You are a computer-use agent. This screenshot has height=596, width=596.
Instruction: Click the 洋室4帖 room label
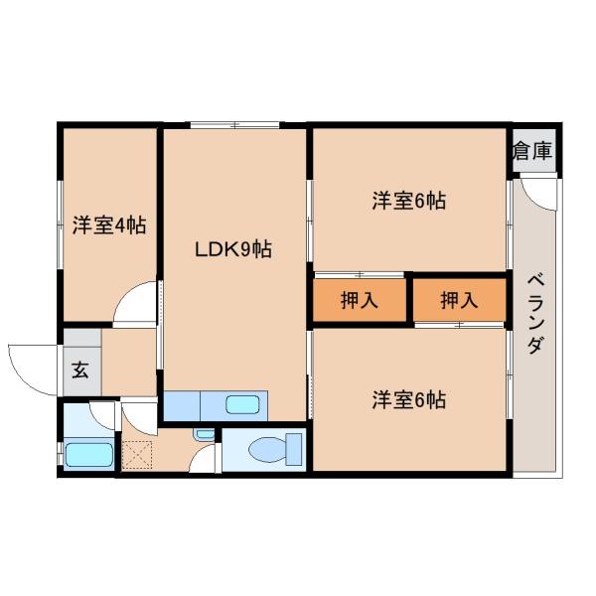[x=109, y=225]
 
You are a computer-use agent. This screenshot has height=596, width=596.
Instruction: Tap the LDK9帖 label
[x=233, y=249]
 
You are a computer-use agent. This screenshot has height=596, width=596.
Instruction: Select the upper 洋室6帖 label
[x=409, y=201]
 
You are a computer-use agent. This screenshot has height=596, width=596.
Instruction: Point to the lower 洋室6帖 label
[x=409, y=399]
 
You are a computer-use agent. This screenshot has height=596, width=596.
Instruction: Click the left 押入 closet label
[x=360, y=300]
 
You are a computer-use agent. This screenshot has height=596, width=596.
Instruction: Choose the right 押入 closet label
[x=459, y=300]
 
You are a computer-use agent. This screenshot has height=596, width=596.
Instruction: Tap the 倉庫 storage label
[x=532, y=151]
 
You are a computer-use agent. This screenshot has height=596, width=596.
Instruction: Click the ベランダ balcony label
[x=536, y=313]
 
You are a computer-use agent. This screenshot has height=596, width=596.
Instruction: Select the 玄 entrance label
[x=80, y=370]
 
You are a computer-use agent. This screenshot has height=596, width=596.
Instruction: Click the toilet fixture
[x=275, y=449]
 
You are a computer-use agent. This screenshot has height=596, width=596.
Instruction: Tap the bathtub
[x=89, y=455]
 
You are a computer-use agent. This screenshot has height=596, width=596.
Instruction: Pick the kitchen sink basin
[x=243, y=404]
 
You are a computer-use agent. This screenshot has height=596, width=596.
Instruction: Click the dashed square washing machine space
[x=137, y=455]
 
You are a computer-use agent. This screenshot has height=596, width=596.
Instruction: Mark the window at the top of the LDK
[x=234, y=124]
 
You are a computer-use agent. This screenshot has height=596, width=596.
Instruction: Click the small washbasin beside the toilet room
[x=204, y=434]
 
